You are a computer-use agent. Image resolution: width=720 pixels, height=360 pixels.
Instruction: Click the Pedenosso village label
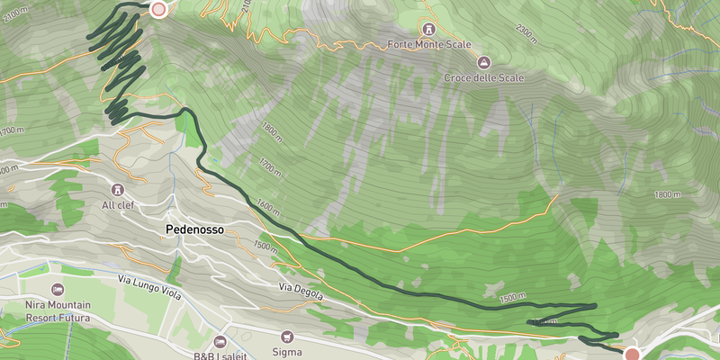tap(193, 229)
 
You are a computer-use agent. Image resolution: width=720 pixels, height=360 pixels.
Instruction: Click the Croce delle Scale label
tap(483, 77)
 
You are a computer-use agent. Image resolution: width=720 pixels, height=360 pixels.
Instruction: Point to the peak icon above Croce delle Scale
tap(483, 61)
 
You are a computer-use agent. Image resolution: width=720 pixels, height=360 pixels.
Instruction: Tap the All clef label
tap(118, 205)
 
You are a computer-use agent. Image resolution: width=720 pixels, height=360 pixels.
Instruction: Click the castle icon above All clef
tap(118, 189)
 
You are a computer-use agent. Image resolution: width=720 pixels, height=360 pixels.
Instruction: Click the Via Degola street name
tap(299, 288)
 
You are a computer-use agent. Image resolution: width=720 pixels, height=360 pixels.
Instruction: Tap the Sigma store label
tap(288, 352)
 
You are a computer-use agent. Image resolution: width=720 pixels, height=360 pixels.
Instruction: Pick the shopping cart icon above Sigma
tap(288, 336)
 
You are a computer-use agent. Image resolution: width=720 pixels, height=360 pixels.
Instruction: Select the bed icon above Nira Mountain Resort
tap(58, 289)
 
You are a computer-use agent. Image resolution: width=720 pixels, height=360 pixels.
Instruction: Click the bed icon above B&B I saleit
tap(220, 341)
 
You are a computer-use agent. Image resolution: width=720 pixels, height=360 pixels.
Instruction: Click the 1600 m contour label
tap(264, 206)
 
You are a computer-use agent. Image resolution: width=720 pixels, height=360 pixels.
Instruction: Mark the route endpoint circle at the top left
tap(159, 9)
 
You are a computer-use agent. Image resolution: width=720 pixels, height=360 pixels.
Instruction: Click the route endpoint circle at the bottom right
tap(632, 354)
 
